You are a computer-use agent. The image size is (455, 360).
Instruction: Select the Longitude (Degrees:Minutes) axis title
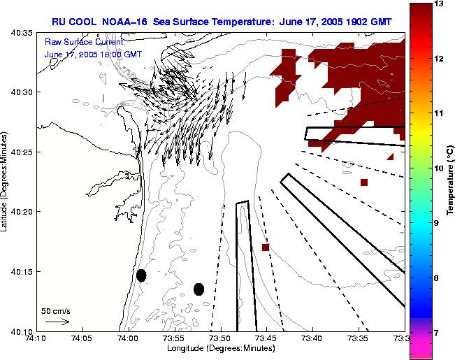219,349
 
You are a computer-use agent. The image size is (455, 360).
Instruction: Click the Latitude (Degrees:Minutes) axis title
6,181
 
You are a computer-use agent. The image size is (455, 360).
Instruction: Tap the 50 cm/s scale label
56,310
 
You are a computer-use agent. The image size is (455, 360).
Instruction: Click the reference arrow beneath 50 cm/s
57,322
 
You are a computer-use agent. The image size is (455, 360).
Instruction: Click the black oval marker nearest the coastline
141,275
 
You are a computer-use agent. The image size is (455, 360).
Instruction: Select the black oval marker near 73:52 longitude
199,289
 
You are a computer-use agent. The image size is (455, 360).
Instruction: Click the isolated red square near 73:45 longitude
266,247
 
